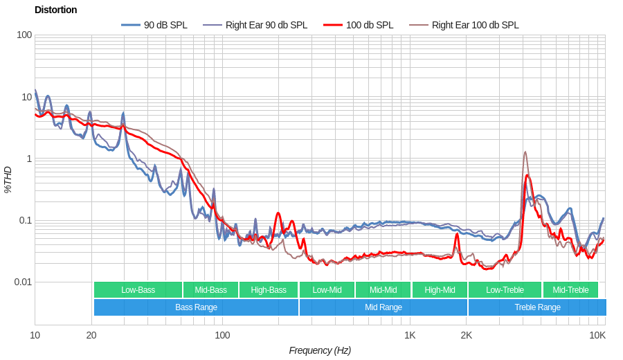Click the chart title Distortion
pyautogui.click(x=55, y=10)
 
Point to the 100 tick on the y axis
pyautogui.click(x=24, y=35)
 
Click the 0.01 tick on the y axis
pyautogui.click(x=23, y=282)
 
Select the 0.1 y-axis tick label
pyautogui.click(x=25, y=220)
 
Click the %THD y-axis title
pyautogui.click(x=8, y=179)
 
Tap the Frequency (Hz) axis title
pyautogui.click(x=320, y=350)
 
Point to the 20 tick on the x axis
pyautogui.click(x=91, y=335)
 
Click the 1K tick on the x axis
pyautogui.click(x=410, y=335)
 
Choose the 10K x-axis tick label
pyautogui.click(x=597, y=335)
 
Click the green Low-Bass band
pyautogui.click(x=138, y=290)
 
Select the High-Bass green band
pyautogui.click(x=269, y=290)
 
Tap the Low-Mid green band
pyautogui.click(x=327, y=290)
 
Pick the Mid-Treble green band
pyautogui.click(x=570, y=290)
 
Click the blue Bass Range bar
pyautogui.click(x=196, y=307)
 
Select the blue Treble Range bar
pyautogui.click(x=537, y=307)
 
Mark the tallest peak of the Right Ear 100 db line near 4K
pyautogui.click(x=525, y=152)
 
